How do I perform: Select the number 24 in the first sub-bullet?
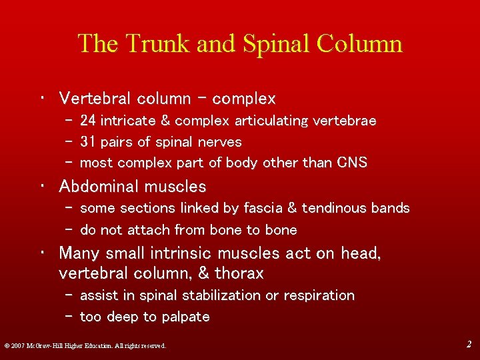coord(87,121)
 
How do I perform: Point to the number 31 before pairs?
coord(87,142)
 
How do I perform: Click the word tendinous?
coord(332,208)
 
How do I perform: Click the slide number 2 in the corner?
coord(468,344)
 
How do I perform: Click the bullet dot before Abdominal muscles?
coord(42,187)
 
